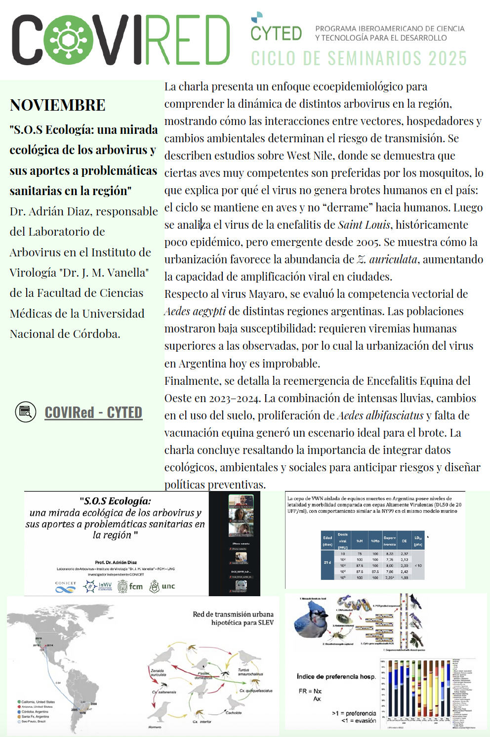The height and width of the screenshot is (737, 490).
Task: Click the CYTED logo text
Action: pyautogui.click(x=276, y=33)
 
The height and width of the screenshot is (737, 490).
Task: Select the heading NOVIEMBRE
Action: pyautogui.click(x=58, y=105)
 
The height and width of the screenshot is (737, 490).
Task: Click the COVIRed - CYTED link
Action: pyautogui.click(x=93, y=412)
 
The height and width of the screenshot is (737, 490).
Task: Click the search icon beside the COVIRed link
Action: pyautogui.click(x=26, y=412)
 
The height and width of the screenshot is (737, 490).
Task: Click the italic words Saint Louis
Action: pyautogui.click(x=365, y=225)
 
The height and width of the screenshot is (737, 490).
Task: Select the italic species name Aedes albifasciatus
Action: pyautogui.click(x=380, y=415)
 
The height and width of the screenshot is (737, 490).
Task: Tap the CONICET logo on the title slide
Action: pyautogui.click(x=66, y=587)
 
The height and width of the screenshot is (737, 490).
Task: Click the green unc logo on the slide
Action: pyautogui.click(x=162, y=586)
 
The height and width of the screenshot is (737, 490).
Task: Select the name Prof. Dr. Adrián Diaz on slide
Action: pyautogui.click(x=116, y=562)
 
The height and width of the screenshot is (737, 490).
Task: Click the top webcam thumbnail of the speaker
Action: pyautogui.click(x=241, y=501)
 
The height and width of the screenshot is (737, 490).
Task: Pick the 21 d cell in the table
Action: pyautogui.click(x=327, y=563)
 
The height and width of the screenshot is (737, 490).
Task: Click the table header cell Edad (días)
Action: pyautogui.click(x=327, y=540)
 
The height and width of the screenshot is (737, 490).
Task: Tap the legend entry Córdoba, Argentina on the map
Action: pyautogui.click(x=35, y=712)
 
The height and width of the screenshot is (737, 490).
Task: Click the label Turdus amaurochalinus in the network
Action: pyautogui.click(x=250, y=672)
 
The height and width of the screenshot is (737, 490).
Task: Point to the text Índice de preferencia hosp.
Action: pyautogui.click(x=336, y=677)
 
